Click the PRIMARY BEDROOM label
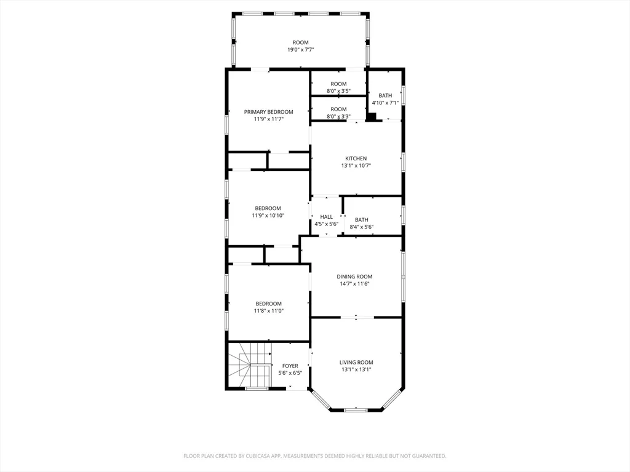pos(268,112)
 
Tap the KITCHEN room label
pos(356,159)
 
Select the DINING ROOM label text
pos(354,277)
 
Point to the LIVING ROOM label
pos(356,363)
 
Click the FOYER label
pos(290,366)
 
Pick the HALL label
pos(326,217)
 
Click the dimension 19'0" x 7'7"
pos(300,50)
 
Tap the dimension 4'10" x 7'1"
pos(385,103)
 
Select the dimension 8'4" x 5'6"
pos(362,227)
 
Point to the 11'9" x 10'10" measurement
pos(268,216)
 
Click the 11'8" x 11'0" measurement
pos(269,310)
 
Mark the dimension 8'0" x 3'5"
pos(339,91)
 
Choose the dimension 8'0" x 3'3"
pos(339,116)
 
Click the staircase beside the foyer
pos(250,365)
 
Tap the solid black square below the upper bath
pos(372,117)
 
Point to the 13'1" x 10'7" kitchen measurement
pos(356,165)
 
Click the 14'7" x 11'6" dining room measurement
pos(354,284)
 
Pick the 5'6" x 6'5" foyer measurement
pos(290,373)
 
